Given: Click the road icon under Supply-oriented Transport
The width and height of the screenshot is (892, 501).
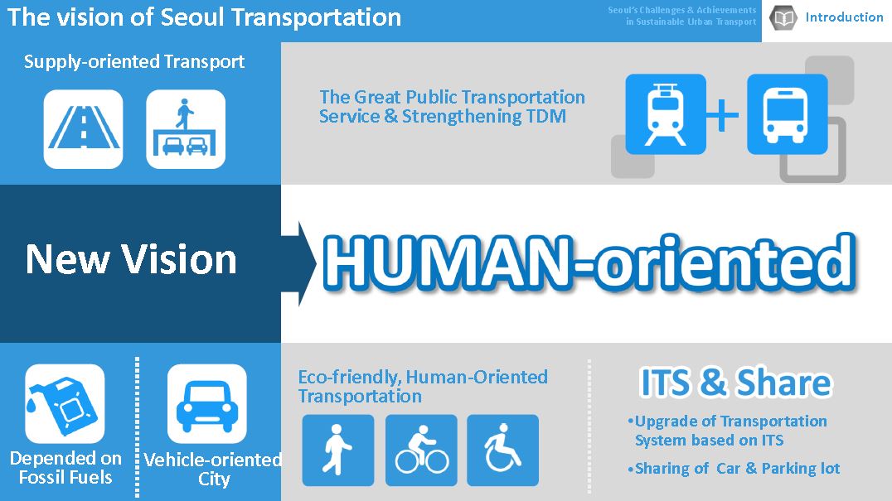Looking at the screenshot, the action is [x=83, y=129].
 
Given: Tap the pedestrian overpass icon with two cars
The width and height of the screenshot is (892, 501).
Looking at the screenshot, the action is [x=186, y=129].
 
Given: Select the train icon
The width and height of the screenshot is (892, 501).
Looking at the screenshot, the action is [x=666, y=114].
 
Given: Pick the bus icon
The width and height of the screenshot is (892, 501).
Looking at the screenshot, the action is [x=788, y=114].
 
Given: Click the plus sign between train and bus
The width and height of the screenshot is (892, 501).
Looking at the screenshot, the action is [x=723, y=115].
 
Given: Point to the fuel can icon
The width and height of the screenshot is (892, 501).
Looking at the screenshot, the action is [x=65, y=404].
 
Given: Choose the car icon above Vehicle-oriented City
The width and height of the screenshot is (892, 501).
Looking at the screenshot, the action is [x=207, y=404].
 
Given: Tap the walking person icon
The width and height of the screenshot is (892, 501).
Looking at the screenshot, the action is [x=338, y=450].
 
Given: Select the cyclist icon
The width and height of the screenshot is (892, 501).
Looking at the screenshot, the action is [x=421, y=450].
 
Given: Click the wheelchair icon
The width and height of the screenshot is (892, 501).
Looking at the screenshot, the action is [x=503, y=450].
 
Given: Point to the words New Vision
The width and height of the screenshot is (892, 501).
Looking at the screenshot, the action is [x=131, y=259].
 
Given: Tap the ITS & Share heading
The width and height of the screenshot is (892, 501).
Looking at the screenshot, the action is [x=736, y=383].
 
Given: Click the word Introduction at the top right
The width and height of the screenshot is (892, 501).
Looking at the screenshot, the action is [x=844, y=17].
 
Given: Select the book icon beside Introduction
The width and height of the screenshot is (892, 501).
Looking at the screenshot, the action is [x=783, y=17].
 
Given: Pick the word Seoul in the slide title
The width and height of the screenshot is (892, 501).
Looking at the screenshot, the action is [x=191, y=17].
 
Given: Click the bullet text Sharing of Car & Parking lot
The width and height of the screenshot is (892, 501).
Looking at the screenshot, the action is [x=734, y=469].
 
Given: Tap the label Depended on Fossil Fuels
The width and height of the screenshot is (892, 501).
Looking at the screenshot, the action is [x=65, y=468].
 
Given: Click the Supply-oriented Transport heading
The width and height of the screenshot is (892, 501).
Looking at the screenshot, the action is [x=134, y=61].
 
